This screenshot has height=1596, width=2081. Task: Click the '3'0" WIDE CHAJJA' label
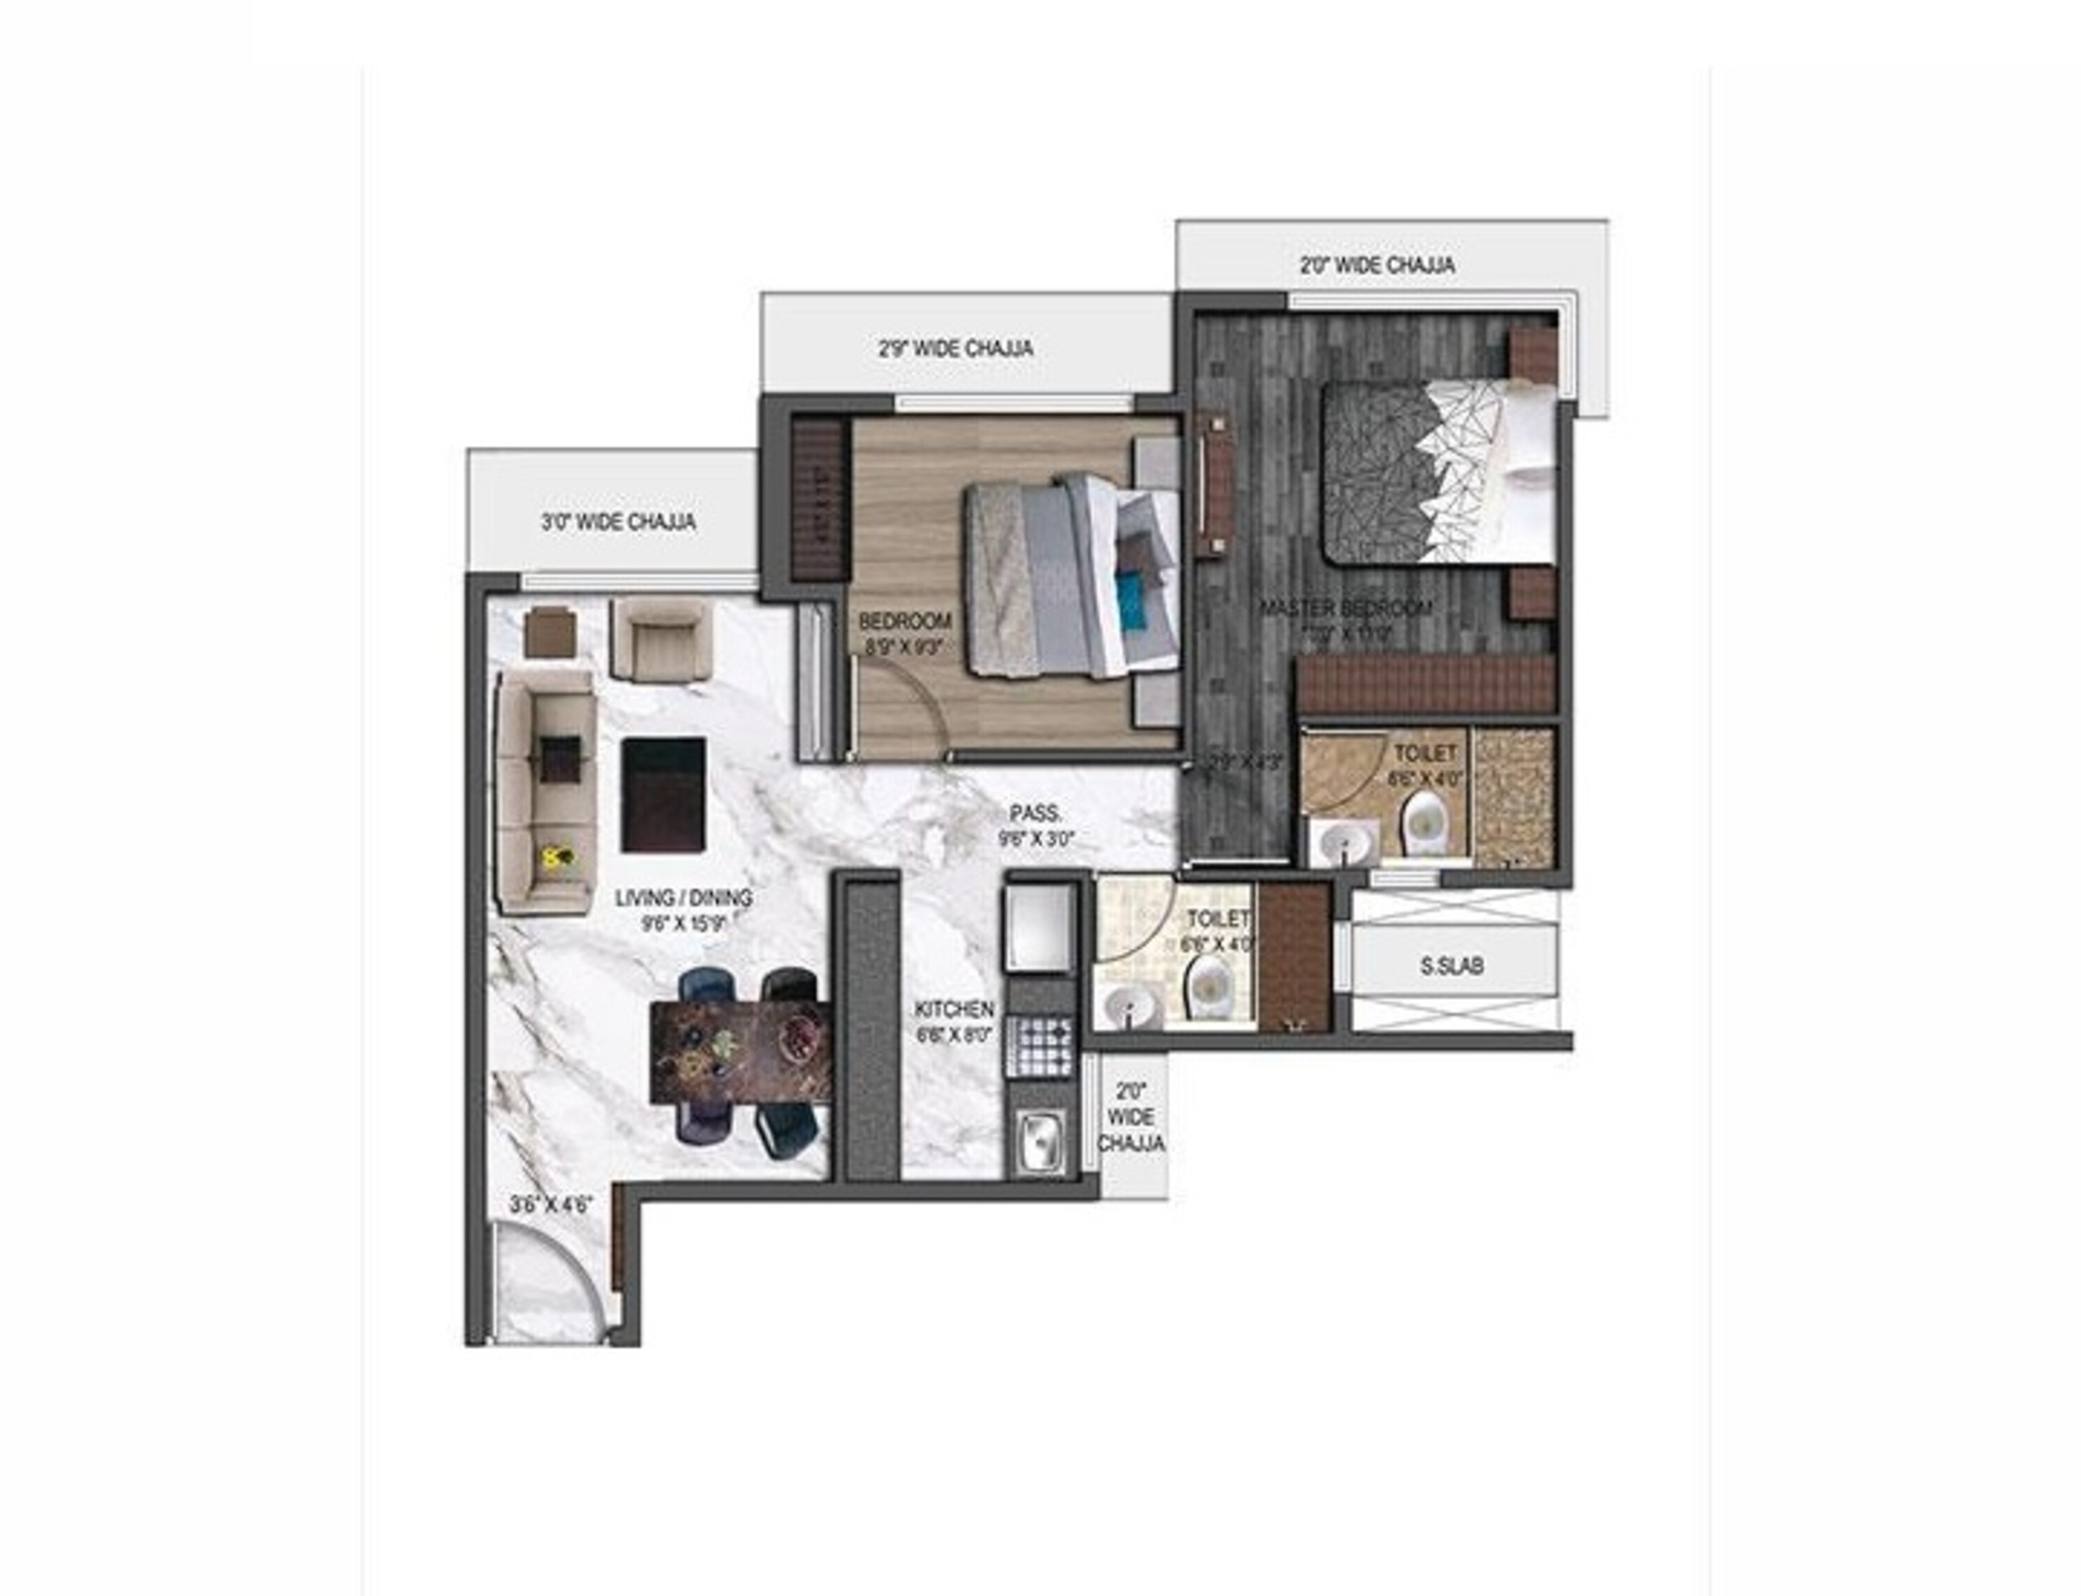(617, 522)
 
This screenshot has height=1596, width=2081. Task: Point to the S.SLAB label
(1451, 966)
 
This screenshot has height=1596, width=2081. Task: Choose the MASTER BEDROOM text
(1346, 608)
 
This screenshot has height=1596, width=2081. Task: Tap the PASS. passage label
(1035, 813)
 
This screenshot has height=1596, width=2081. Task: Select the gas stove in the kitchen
(1042, 1046)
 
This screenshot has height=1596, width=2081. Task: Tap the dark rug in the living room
(663, 795)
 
